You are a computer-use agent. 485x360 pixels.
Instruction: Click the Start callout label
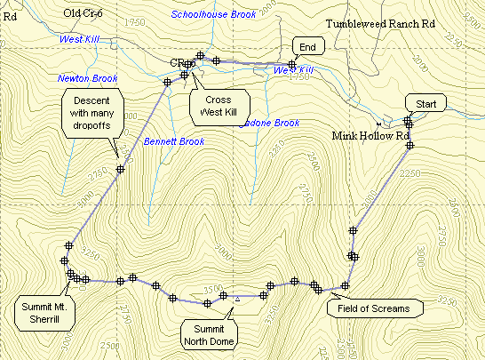[x=425, y=104]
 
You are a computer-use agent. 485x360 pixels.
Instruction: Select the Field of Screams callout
[x=374, y=308]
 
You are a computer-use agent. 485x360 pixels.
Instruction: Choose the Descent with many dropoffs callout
[x=91, y=113]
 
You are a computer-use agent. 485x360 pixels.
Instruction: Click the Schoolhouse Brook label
[x=213, y=15]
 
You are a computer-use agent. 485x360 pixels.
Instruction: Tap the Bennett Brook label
[x=173, y=141]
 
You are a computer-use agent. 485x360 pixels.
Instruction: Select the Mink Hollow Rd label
[x=371, y=136]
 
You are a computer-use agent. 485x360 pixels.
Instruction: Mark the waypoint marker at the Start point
[x=408, y=121]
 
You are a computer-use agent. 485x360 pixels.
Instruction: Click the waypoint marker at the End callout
[x=292, y=65]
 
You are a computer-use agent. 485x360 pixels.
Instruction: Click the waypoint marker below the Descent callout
[x=120, y=168]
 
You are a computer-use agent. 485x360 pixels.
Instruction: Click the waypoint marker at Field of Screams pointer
[x=345, y=285]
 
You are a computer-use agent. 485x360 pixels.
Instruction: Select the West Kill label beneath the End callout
[x=298, y=69]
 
